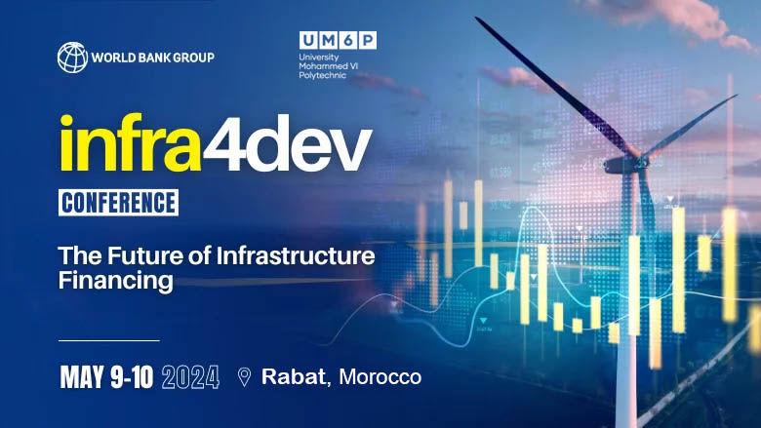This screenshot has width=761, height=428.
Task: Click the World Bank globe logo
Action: pyautogui.click(x=72, y=57)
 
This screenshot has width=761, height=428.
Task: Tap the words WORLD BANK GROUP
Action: pyautogui.click(x=152, y=57)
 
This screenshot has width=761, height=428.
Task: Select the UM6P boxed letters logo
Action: pyautogui.click(x=339, y=40)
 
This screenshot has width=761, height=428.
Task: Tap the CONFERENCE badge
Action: pyautogui.click(x=119, y=203)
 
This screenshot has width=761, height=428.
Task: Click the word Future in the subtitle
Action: pyautogui.click(x=141, y=257)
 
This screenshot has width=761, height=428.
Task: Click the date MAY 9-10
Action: pyautogui.click(x=106, y=377)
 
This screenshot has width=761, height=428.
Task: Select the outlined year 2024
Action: pyautogui.click(x=192, y=377)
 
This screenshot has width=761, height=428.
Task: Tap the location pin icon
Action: pyautogui.click(x=244, y=376)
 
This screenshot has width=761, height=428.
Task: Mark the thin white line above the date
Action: pyautogui.click(x=108, y=340)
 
